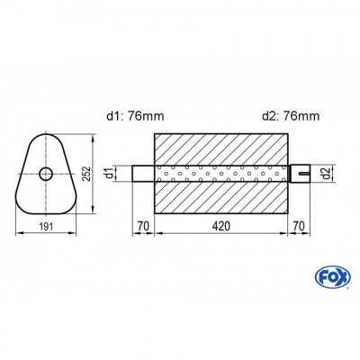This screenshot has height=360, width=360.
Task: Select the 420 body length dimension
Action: (x=222, y=226)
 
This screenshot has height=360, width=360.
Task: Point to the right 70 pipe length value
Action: (x=299, y=226)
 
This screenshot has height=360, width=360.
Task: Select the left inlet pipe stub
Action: (x=144, y=173)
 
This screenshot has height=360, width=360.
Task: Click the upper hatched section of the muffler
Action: (x=222, y=148)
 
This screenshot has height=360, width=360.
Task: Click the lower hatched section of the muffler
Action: (x=222, y=197)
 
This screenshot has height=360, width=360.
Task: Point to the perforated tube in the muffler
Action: (x=222, y=173)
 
